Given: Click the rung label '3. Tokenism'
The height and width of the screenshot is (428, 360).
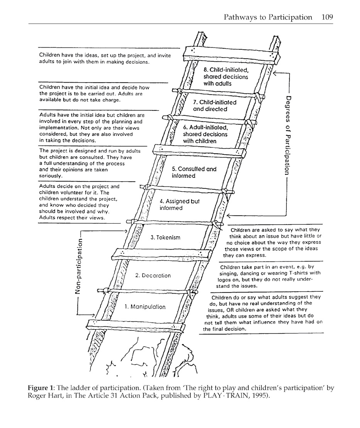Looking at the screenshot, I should coord(166,238).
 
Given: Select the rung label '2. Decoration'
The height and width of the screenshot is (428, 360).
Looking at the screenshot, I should coord(153,275).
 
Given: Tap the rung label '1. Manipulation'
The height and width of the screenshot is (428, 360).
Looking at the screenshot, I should coord(145,307).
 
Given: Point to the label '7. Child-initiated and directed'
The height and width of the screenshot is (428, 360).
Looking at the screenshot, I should coord(215,106).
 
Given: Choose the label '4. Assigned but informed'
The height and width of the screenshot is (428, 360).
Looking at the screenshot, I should coord(179,205).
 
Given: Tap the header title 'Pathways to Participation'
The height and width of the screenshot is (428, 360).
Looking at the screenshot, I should coord(268,17).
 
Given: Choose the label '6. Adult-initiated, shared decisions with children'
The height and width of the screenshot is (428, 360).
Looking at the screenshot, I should coord(205,134).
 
